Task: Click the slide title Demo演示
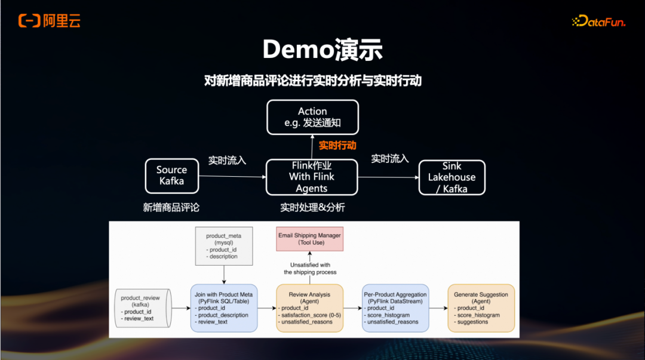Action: pos(322,50)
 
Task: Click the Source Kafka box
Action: pos(171,176)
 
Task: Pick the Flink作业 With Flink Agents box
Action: pos(311,177)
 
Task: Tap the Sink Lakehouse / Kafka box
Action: pos(451,177)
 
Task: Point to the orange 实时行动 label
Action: pos(337,145)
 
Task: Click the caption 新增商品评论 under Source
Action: pos(171,208)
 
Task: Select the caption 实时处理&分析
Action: pos(312,208)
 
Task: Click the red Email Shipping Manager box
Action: pos(309,239)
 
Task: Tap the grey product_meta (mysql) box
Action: pos(224,246)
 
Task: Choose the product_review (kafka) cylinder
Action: pos(142,308)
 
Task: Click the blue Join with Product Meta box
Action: pos(224,308)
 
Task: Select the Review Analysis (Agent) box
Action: pos(310,308)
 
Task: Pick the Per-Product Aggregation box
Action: pos(395,308)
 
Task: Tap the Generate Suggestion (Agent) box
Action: pos(481,308)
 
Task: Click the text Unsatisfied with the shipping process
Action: pos(310,269)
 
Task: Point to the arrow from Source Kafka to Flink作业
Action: pos(232,176)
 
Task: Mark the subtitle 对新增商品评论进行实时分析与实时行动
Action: pos(312,81)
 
